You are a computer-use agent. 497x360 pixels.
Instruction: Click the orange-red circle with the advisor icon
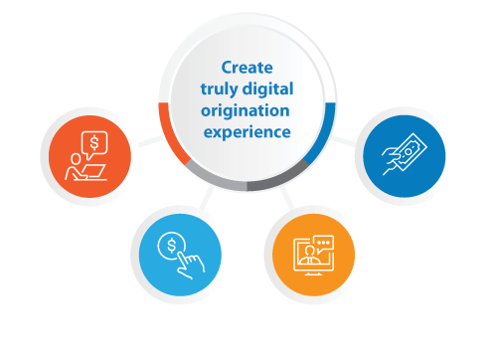[x=89, y=155]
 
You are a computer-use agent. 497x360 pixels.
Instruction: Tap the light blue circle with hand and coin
[x=174, y=253]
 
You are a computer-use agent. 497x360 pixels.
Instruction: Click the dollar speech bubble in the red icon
[x=94, y=143]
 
